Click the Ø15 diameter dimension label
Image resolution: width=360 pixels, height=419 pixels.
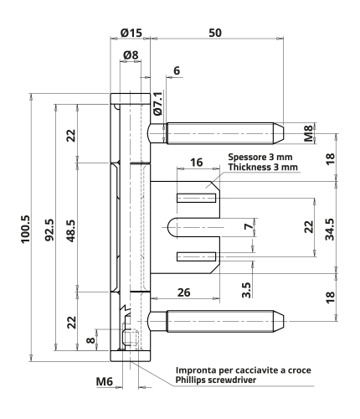[x=131, y=33]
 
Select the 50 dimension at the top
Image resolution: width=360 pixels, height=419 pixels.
[x=215, y=33]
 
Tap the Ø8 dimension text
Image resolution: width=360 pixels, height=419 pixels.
[x=131, y=55]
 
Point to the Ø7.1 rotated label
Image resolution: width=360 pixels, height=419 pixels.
[x=158, y=103]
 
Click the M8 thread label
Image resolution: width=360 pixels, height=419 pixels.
[x=308, y=133]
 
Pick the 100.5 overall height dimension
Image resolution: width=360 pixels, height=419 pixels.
[x=26, y=230]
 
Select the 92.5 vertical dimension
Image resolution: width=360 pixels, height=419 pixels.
[x=49, y=230]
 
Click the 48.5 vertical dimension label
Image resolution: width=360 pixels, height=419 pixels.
[x=71, y=230]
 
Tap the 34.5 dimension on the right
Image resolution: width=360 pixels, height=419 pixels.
[x=330, y=230]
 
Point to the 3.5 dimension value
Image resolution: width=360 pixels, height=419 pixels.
[x=247, y=290]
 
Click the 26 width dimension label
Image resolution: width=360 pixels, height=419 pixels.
[x=184, y=292]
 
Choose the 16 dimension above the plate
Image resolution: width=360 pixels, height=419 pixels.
[x=197, y=163]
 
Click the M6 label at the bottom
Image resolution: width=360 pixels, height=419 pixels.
[x=105, y=381]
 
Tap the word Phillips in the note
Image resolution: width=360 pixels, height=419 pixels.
[x=189, y=380]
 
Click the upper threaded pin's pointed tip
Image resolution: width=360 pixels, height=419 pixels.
[x=283, y=133]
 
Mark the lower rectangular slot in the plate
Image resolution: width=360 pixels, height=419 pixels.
[x=196, y=256]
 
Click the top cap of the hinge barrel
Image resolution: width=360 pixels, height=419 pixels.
[x=131, y=99]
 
